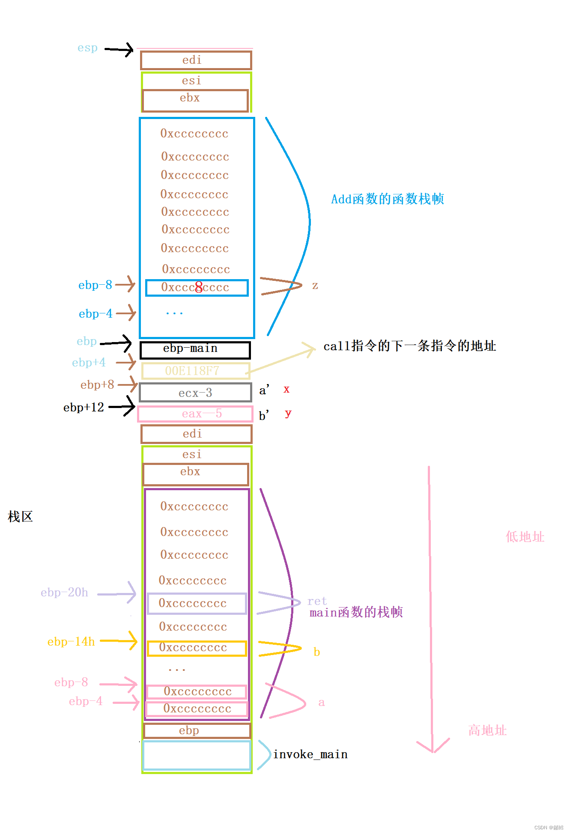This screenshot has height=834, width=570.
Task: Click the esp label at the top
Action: coord(87,48)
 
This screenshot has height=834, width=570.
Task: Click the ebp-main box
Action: coord(195,349)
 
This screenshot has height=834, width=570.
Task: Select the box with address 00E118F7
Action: coord(196,371)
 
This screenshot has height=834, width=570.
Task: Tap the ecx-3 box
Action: coord(196,393)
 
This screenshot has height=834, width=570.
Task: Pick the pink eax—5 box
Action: coord(196,414)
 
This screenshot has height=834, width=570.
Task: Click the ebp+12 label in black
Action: coord(84,407)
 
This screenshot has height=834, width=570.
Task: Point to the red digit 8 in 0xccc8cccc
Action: coord(199,287)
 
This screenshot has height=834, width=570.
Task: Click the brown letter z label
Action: coord(315,285)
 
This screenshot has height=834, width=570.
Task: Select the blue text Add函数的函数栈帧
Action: coord(387,199)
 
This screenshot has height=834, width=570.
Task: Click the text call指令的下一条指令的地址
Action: coord(409,346)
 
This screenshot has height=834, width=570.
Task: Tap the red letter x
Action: coord(286,389)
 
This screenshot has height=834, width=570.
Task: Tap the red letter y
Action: coord(288,413)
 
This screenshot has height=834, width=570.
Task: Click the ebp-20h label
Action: coord(65,593)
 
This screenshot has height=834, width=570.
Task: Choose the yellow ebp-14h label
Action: coord(71,641)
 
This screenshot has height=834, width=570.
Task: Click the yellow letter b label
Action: coord(317,652)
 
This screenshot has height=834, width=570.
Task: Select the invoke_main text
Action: coord(310,754)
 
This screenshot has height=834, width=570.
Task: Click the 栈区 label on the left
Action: coord(20,517)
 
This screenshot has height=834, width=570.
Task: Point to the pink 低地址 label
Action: coord(525,537)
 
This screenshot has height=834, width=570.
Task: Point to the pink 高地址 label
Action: coord(487,730)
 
